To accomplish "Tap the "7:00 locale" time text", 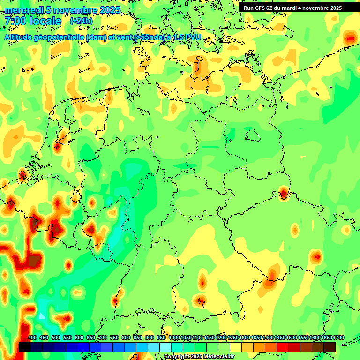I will (x=33, y=21).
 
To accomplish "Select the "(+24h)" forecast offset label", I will (x=81, y=21).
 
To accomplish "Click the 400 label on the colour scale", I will (x=32, y=337).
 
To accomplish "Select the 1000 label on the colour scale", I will (x=174, y=337).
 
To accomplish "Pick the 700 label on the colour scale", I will (x=103, y=337).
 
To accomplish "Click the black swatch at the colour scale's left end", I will (x=25, y=347).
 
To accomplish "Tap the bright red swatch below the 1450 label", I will (x=283, y=347).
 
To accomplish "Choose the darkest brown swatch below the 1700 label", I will (x=330, y=347).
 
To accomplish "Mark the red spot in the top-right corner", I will (x=350, y=37).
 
